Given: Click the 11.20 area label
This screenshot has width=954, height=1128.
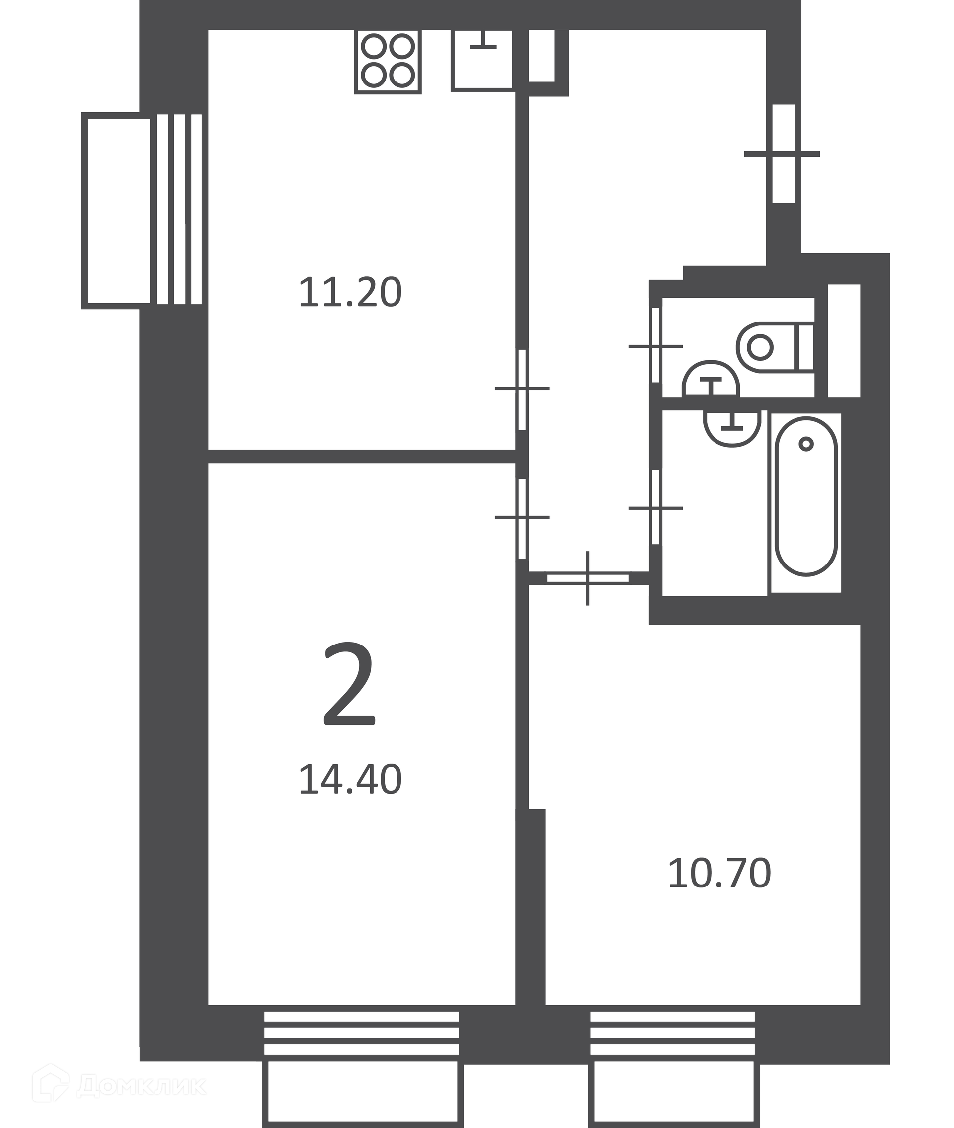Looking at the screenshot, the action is pyautogui.click(x=350, y=293).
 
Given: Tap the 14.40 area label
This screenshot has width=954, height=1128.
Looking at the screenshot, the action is pyautogui.click(x=350, y=779).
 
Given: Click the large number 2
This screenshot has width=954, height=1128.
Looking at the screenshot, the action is pyautogui.click(x=349, y=684).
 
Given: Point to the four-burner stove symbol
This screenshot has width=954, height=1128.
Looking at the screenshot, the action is pyautogui.click(x=388, y=62).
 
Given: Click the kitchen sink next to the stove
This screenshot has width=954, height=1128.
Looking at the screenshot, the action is pyautogui.click(x=482, y=60).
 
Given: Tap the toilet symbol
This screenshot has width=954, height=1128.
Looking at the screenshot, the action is pyautogui.click(x=776, y=347).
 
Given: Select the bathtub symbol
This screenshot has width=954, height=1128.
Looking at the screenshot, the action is pyautogui.click(x=806, y=496).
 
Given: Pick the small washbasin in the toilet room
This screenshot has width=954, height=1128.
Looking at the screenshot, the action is pyautogui.click(x=711, y=379).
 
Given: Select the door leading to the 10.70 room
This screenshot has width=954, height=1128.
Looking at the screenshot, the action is pyautogui.click(x=588, y=578).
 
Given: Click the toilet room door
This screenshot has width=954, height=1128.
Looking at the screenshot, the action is pyautogui.click(x=655, y=345).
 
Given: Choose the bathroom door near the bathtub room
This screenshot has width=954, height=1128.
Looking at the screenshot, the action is pyautogui.click(x=655, y=507).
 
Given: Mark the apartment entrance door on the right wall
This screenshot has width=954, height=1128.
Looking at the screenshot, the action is pyautogui.click(x=783, y=154).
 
